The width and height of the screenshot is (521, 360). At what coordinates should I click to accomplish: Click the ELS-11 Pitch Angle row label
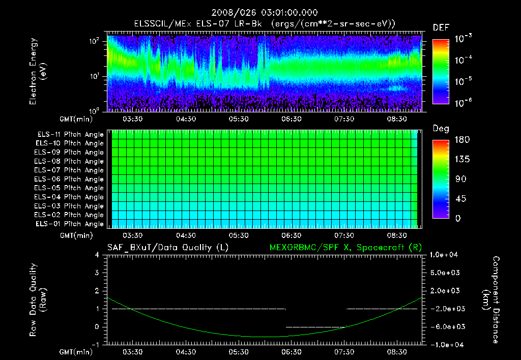(70, 135)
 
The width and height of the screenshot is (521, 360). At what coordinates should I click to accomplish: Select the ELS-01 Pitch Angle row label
(70, 224)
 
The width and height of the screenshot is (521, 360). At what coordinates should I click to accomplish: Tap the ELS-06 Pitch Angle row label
(70, 179)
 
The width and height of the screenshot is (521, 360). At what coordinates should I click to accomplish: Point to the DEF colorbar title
(441, 27)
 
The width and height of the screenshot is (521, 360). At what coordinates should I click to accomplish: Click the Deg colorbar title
(441, 129)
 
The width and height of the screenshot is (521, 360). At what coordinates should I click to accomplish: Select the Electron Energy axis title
(38, 72)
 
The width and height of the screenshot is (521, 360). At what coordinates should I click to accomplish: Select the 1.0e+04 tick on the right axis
(445, 255)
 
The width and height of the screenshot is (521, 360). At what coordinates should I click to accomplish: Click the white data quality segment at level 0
(316, 327)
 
